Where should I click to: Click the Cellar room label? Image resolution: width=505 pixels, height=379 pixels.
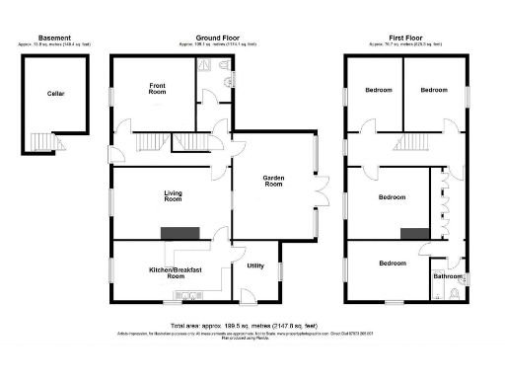click(55, 94)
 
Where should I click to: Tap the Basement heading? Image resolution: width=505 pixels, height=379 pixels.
click(55, 37)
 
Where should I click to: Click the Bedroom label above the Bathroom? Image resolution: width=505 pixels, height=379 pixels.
click(393, 263)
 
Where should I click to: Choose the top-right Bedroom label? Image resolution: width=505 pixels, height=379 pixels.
click(435, 90)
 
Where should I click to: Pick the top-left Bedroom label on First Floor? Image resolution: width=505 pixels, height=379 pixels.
click(378, 90)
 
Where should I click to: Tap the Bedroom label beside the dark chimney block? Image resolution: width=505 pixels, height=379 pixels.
click(393, 197)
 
